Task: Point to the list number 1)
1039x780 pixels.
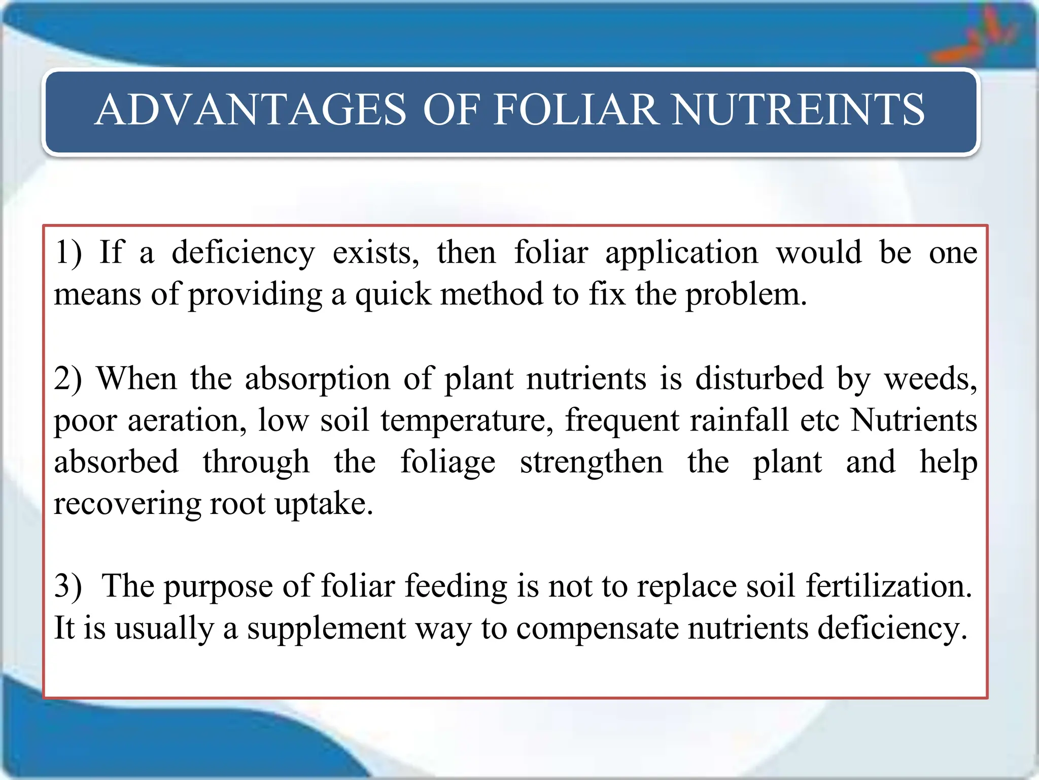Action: (68, 252)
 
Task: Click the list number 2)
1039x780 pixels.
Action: (68, 379)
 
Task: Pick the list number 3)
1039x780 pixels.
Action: (68, 586)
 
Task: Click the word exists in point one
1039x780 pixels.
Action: (375, 252)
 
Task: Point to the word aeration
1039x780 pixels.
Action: (187, 420)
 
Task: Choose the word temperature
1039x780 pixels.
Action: (467, 420)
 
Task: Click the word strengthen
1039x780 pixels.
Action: (592, 462)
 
